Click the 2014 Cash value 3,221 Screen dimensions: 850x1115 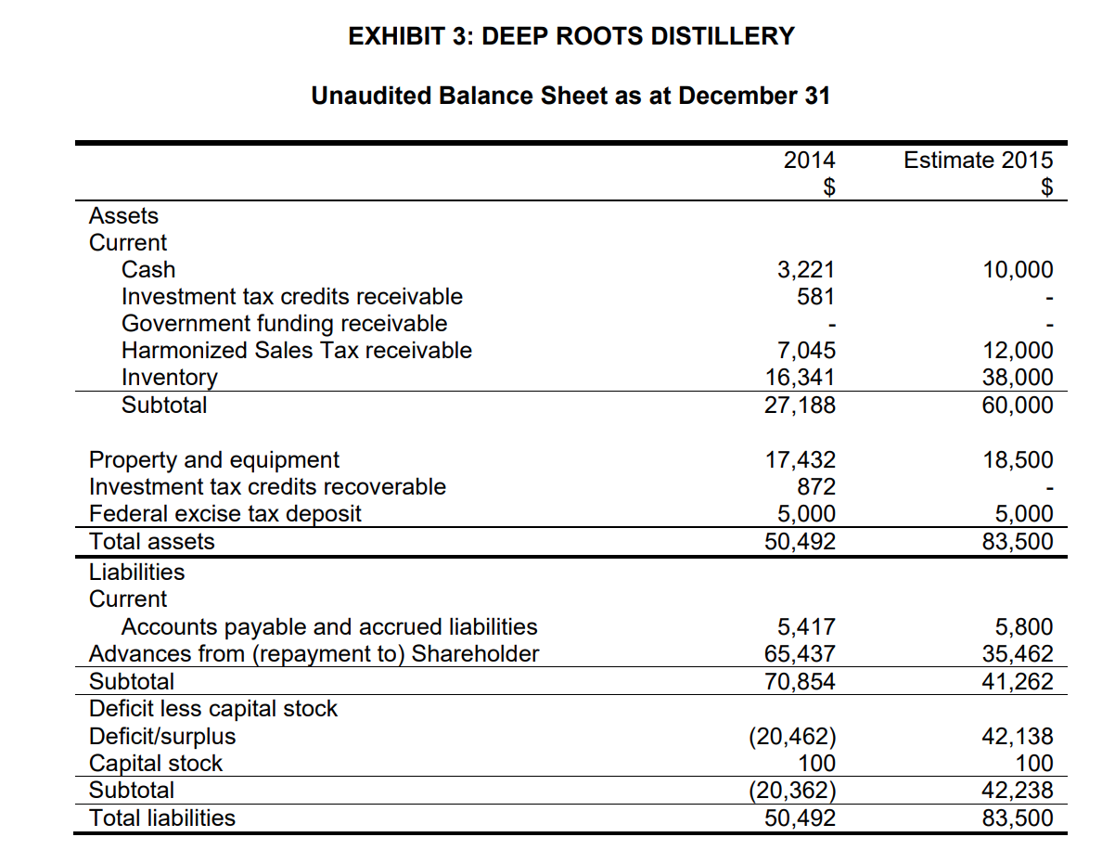[x=805, y=270]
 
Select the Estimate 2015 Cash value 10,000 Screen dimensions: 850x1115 [x=1018, y=270]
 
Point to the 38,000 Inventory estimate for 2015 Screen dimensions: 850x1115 [x=1018, y=378]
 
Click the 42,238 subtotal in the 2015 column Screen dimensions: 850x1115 [x=1018, y=791]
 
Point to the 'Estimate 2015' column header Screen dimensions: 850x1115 [x=979, y=161]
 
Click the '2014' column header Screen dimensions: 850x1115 [x=809, y=161]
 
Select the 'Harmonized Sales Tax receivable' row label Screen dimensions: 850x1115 [x=297, y=351]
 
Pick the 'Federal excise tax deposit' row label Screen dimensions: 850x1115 [x=225, y=514]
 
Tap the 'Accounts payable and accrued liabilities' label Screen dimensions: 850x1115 [x=329, y=627]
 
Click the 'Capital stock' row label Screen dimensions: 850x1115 [x=156, y=764]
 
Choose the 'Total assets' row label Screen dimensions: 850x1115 [x=151, y=542]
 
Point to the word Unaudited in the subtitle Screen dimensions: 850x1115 [x=368, y=96]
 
